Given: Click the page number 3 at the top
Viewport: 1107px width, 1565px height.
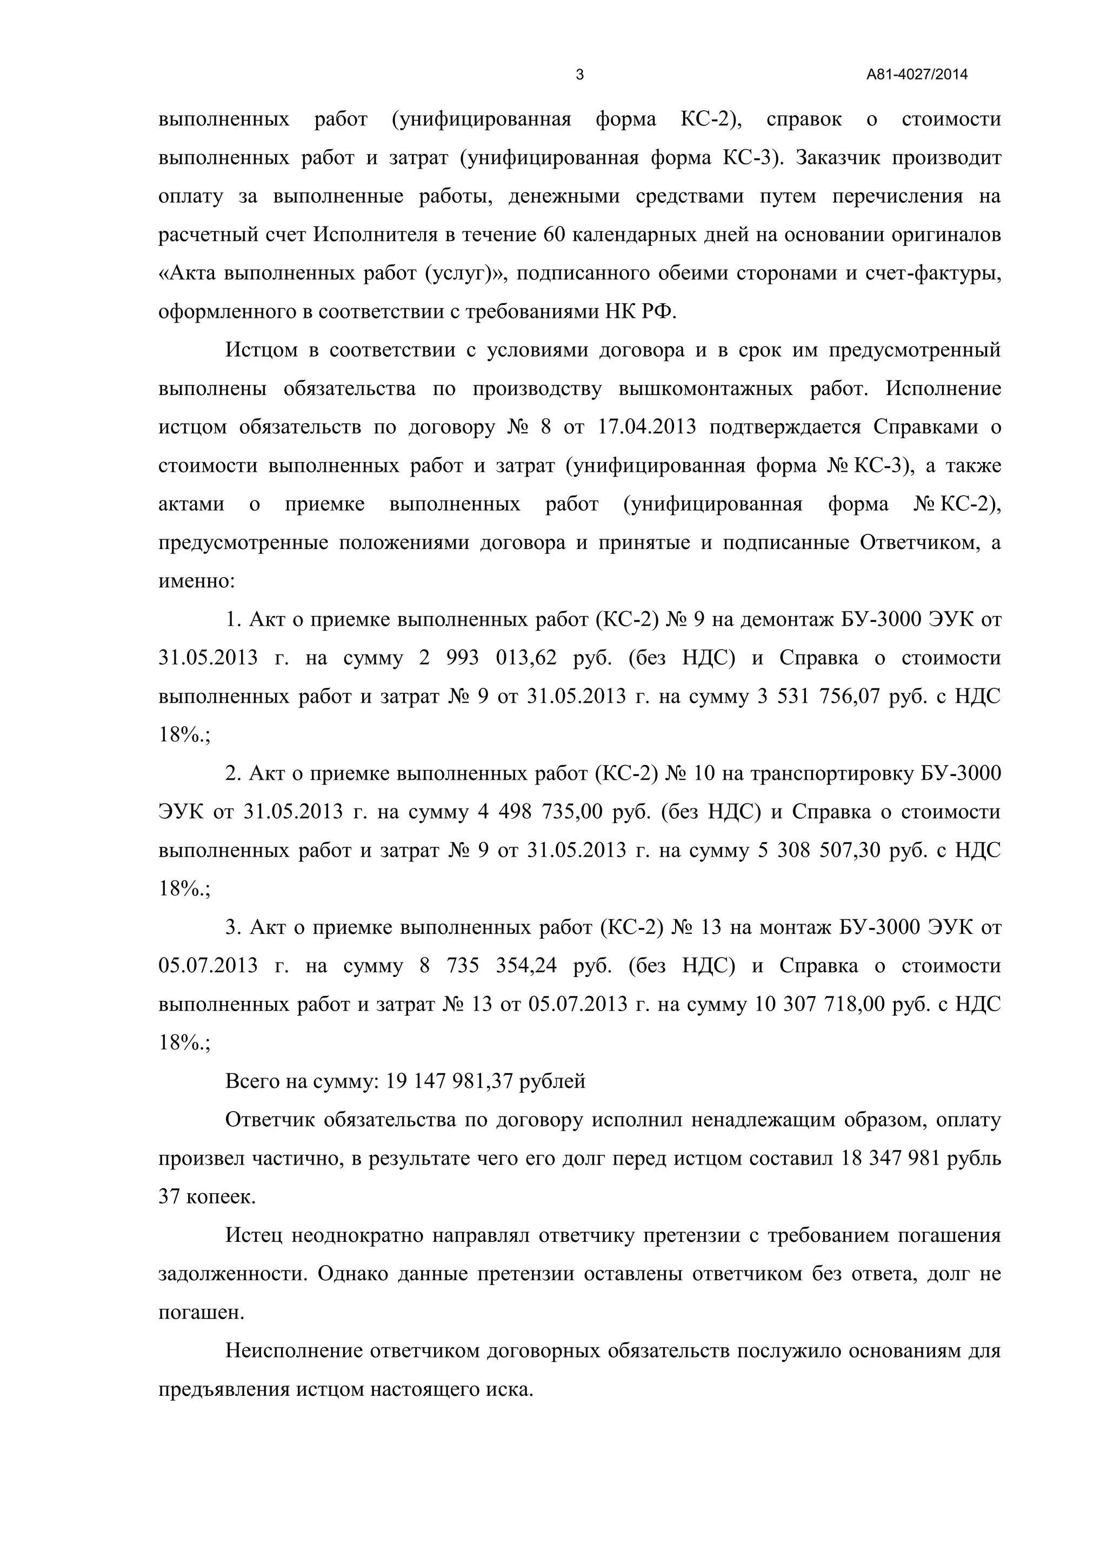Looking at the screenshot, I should click(580, 75).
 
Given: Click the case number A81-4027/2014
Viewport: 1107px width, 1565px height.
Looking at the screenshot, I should click(917, 75).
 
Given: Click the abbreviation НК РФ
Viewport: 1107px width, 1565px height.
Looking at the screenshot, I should click(640, 312).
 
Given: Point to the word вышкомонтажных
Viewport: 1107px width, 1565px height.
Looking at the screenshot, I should click(705, 389).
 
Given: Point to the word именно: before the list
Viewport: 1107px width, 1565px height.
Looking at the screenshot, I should click(196, 581).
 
